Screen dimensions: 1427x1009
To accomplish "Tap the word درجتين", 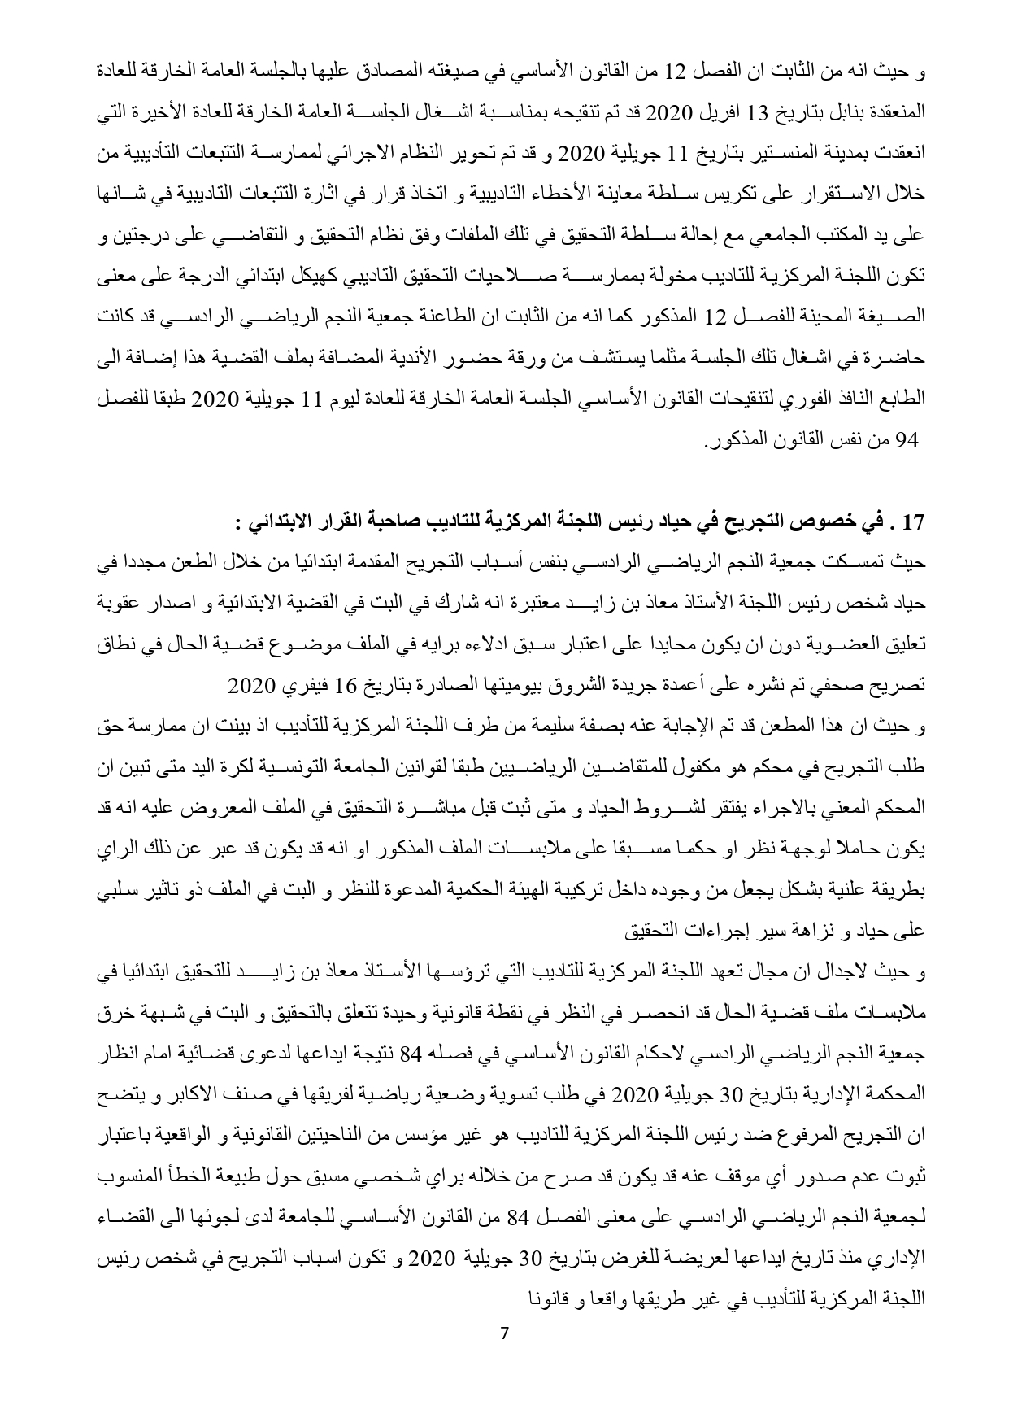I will coord(139,238).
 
